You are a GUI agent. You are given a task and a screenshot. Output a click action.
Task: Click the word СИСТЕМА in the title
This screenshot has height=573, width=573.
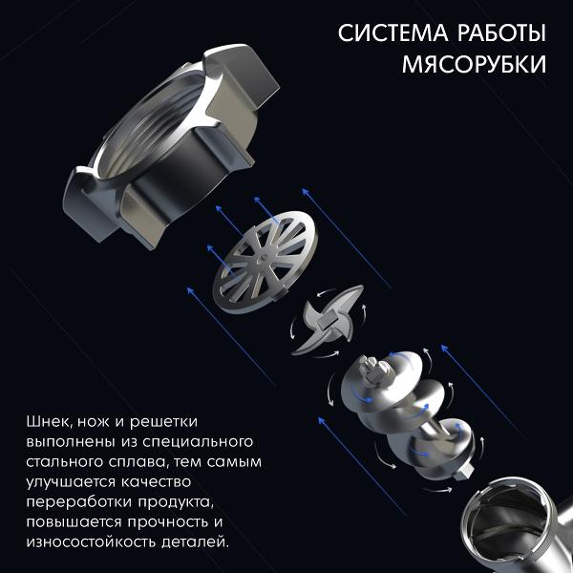[x=393, y=32]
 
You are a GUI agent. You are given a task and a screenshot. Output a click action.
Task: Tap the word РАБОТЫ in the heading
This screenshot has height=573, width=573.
[x=502, y=32]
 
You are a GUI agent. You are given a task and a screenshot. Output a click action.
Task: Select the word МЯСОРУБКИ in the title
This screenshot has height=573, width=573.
[x=475, y=64]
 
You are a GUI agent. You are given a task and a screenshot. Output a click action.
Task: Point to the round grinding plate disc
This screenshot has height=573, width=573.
[x=265, y=262]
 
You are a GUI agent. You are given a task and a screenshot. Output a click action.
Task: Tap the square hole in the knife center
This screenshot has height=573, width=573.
[x=327, y=321]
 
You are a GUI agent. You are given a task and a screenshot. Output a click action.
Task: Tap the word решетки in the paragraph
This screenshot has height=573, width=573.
[x=163, y=422]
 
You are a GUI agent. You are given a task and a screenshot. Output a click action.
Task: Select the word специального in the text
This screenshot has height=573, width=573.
[x=198, y=442]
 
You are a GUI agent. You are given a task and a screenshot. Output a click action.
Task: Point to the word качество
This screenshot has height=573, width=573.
[x=156, y=482]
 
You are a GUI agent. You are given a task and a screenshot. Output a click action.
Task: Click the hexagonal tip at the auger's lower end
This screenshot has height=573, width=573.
[x=464, y=475]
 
